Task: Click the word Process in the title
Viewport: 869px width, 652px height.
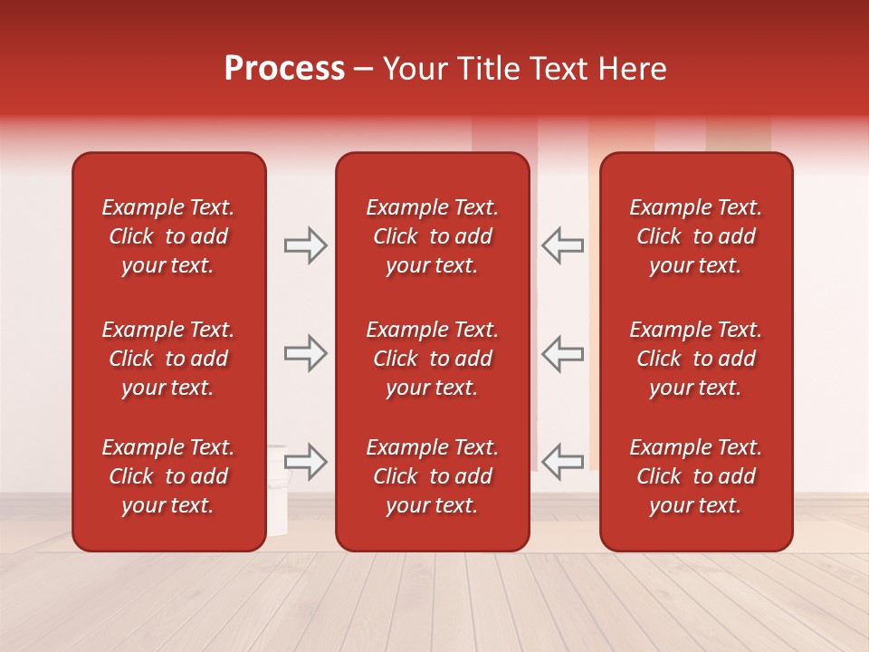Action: coord(284,69)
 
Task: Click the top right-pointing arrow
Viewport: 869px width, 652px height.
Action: coord(306,245)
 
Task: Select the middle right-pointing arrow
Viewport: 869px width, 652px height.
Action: coord(306,353)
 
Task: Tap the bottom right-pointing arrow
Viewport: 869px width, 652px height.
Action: coord(306,461)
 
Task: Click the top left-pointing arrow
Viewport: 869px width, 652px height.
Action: coord(562,245)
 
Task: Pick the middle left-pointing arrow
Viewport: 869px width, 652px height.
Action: coord(562,353)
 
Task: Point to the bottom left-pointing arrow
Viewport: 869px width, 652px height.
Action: coord(562,461)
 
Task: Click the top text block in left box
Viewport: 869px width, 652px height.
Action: coord(168,236)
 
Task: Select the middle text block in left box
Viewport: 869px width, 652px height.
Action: coord(168,359)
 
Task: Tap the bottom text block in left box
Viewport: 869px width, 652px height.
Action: coord(168,476)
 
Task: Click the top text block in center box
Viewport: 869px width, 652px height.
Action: coord(432,236)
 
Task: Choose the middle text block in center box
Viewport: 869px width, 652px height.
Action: coord(432,359)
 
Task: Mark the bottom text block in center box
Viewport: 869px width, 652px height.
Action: coord(432,476)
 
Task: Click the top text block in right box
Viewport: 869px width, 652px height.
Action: coord(695,236)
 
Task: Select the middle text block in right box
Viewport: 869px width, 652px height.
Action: coord(695,359)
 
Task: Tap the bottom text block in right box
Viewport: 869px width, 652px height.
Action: coord(695,476)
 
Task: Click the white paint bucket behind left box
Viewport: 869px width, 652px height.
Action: coord(277,489)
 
